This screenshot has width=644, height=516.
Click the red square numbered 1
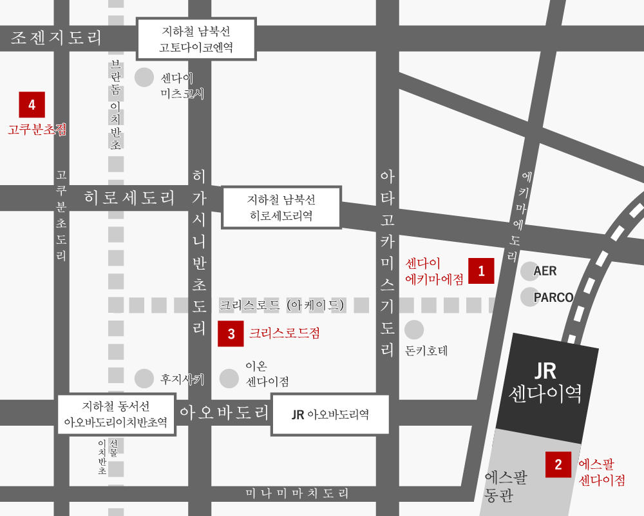[481, 271]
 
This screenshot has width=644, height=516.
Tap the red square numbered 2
[558, 464]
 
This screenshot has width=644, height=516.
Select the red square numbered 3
[231, 333]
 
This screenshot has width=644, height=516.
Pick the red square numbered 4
[32, 104]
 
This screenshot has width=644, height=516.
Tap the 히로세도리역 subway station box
[281, 207]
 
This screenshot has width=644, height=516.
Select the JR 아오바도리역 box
[330, 415]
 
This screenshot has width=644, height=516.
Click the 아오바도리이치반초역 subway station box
[116, 415]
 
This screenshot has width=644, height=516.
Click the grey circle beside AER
[529, 271]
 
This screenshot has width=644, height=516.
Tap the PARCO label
[553, 297]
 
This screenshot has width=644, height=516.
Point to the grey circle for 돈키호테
[414, 330]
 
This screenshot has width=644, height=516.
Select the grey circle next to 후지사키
[144, 379]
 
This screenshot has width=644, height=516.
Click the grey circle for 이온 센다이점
[229, 379]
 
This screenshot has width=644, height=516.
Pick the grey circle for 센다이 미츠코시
[144, 77]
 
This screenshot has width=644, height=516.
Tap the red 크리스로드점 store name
[284, 333]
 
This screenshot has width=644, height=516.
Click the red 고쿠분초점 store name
[37, 130]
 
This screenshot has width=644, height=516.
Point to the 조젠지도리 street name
[57, 37]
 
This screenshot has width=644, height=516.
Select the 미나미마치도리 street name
[297, 494]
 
